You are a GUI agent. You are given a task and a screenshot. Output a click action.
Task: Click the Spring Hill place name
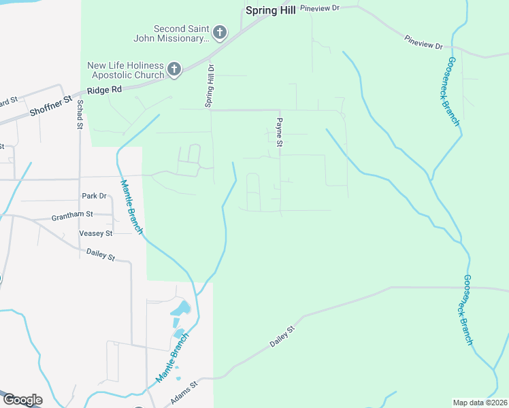pyautogui.click(x=270, y=11)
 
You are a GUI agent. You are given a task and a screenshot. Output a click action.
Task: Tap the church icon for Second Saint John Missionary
pyautogui.click(x=220, y=32)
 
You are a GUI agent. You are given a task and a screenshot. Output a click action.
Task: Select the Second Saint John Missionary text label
pyautogui.click(x=180, y=33)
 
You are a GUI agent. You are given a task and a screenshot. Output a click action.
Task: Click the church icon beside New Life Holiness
pyautogui.click(x=174, y=69)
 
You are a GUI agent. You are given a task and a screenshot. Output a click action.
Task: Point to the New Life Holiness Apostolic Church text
pyautogui.click(x=125, y=69)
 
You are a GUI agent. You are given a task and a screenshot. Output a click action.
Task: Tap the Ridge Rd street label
pyautogui.click(x=105, y=89)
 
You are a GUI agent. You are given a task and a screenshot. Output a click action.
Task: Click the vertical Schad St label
pyautogui.click(x=80, y=113)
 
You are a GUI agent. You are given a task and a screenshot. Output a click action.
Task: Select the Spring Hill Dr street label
pyautogui.click(x=210, y=86)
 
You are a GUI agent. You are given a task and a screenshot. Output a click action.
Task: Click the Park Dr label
pyautogui.click(x=95, y=196)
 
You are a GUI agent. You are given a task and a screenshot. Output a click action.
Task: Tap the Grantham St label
pyautogui.click(x=72, y=216)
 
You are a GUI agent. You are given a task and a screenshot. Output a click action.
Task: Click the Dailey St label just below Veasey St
pyautogui.click(x=101, y=254)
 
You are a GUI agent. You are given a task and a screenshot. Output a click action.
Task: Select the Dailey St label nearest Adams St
pyautogui.click(x=283, y=337)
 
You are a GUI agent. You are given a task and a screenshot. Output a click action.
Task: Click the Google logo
pyautogui.click(x=22, y=399)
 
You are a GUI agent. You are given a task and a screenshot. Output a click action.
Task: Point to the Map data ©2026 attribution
pyautogui.click(x=480, y=403)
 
